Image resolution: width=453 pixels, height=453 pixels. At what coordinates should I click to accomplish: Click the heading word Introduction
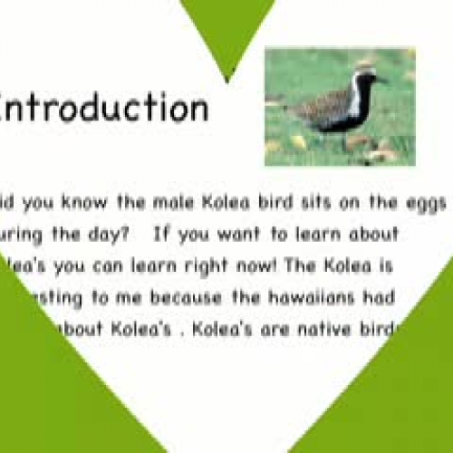[x=103, y=107]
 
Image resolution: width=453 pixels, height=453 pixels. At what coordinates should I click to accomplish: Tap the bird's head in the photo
[x=364, y=74]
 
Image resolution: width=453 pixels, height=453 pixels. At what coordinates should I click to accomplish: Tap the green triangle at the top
[x=226, y=32]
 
